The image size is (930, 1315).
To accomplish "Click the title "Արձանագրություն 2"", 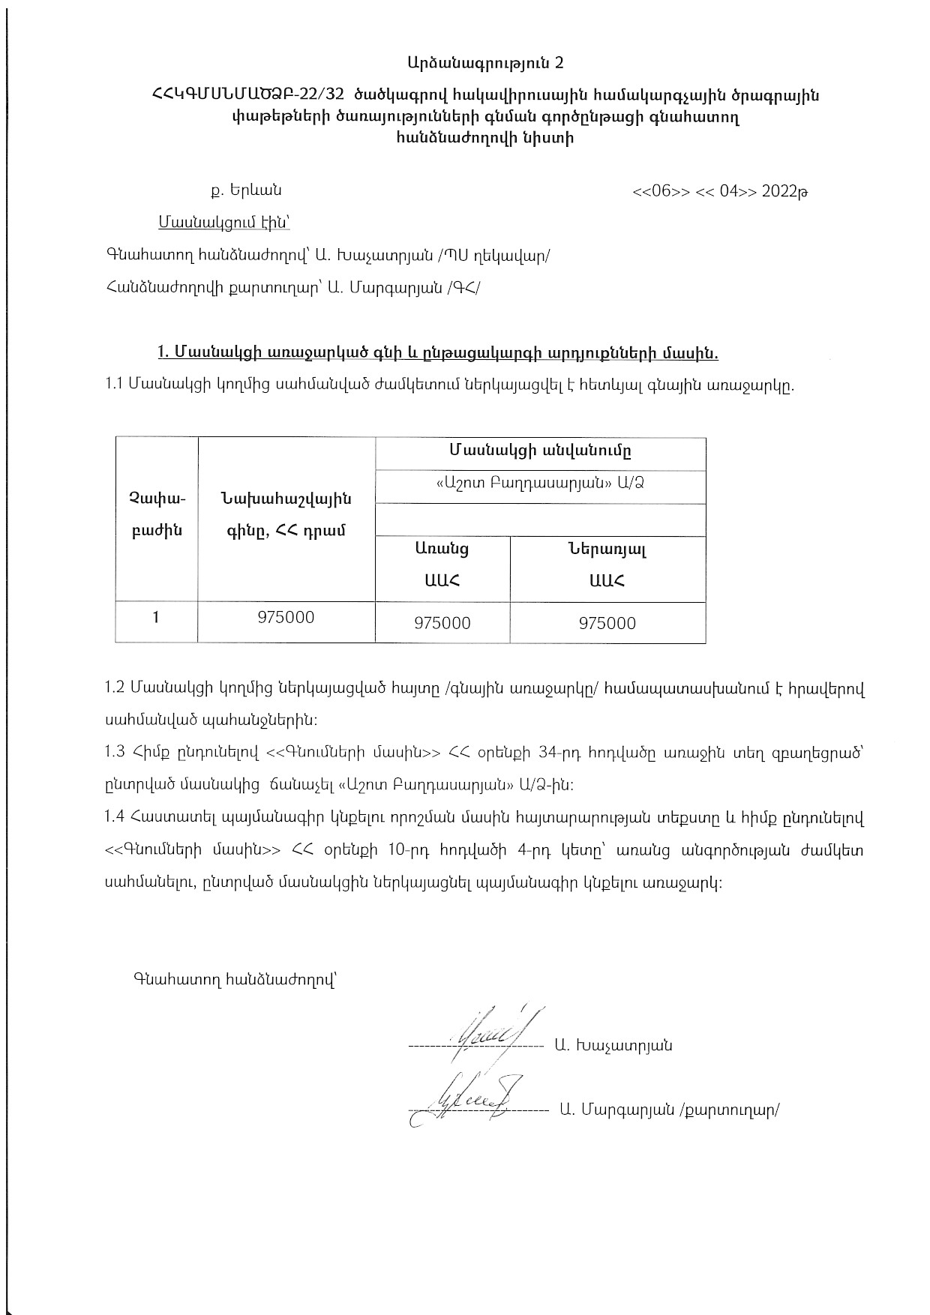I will point(485,64).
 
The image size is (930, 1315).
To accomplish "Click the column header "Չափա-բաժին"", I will point(156,514).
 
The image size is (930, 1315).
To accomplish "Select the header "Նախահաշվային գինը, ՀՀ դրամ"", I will point(286,514).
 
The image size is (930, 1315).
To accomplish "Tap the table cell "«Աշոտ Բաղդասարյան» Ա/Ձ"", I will point(540,484).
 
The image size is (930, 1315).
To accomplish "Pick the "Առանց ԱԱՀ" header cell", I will point(442,564).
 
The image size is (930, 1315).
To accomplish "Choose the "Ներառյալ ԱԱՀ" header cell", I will point(607,564).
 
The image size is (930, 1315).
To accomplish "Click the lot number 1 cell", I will point(156,618).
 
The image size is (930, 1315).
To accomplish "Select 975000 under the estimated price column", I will point(286,618).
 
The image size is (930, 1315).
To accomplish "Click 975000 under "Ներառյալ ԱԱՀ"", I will point(607,623).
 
